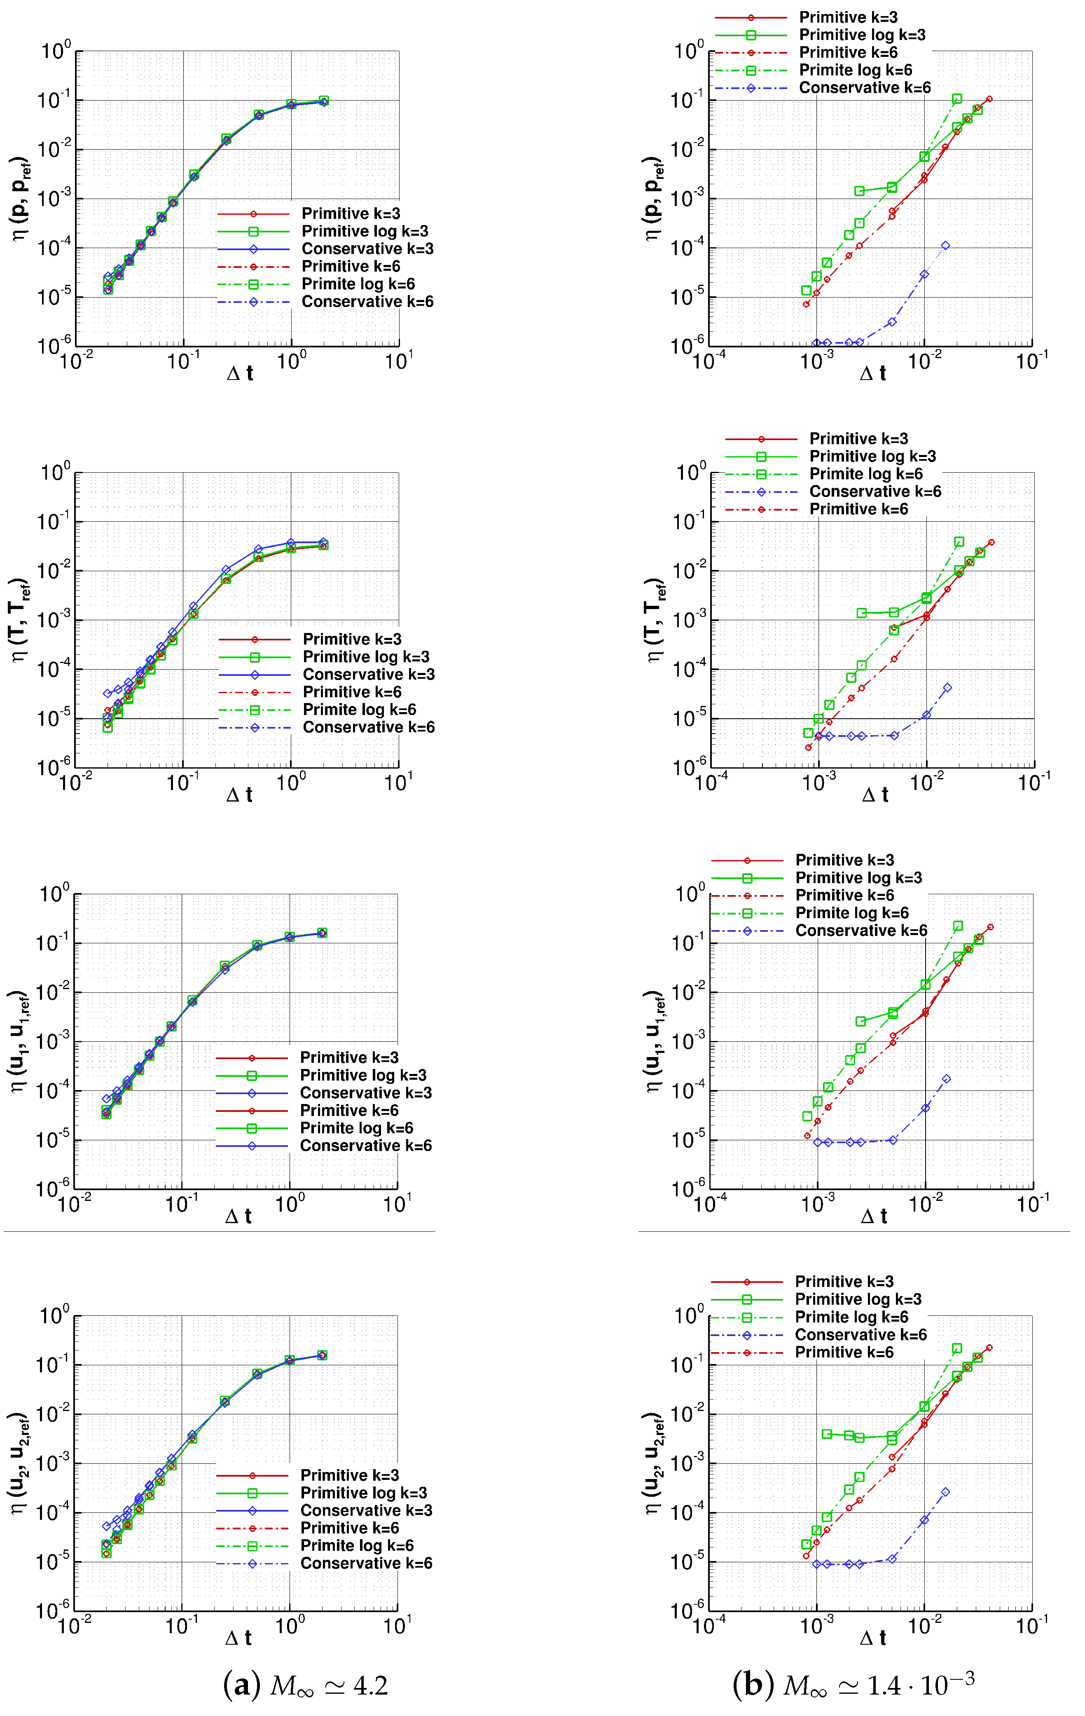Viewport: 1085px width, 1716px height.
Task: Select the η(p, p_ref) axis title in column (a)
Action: click(x=20, y=198)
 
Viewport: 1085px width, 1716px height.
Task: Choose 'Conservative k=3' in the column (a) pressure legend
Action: click(x=367, y=249)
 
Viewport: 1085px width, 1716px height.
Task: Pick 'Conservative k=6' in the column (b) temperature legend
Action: click(x=875, y=492)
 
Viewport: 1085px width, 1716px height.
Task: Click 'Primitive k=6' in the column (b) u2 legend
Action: click(x=844, y=1353)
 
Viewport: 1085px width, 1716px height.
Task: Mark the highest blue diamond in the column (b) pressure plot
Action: click(x=945, y=246)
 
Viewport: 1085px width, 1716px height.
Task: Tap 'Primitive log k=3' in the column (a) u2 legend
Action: click(x=363, y=1493)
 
